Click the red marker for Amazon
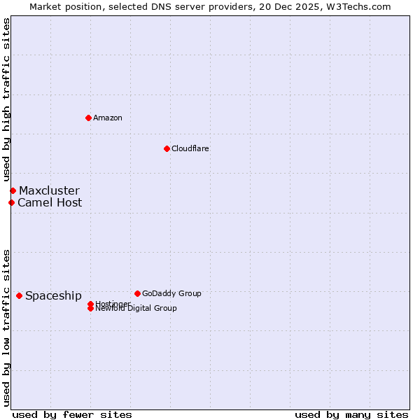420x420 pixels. (x=88, y=118)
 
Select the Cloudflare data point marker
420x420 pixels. (x=167, y=148)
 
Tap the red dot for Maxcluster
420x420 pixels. (x=13, y=190)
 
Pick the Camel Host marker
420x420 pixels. (x=11, y=202)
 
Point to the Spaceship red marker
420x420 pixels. (x=19, y=295)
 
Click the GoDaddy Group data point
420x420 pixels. (x=137, y=293)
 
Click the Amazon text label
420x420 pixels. (x=107, y=118)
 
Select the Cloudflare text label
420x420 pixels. (x=190, y=148)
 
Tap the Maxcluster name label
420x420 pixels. (x=49, y=190)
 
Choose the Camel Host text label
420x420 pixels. (x=50, y=202)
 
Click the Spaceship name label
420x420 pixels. (x=53, y=295)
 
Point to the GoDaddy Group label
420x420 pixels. (x=171, y=293)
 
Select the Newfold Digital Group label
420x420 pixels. (x=136, y=309)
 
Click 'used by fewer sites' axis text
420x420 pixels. (x=72, y=414)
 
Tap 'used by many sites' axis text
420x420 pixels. (x=351, y=414)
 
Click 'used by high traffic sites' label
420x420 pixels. (x=6, y=99)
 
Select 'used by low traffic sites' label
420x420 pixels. (x=6, y=327)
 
